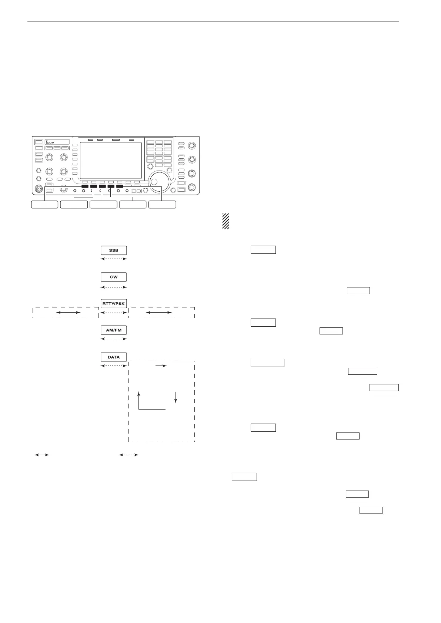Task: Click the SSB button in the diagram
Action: (114, 250)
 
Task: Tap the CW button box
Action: (114, 277)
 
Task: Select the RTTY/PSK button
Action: (114, 304)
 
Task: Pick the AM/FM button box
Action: (114, 330)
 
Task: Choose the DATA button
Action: (114, 357)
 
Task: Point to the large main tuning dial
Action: (160, 181)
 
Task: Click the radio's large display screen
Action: (111, 160)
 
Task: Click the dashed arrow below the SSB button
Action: (114, 259)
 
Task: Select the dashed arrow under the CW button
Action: (114, 287)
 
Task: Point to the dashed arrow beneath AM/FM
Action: (114, 339)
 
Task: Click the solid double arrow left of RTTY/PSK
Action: (68, 313)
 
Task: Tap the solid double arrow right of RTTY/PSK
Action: (159, 313)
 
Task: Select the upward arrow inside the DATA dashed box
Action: (139, 400)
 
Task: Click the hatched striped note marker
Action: (225, 221)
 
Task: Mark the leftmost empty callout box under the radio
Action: (44, 205)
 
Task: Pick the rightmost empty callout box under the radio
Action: (162, 205)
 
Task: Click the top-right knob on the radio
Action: (192, 145)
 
